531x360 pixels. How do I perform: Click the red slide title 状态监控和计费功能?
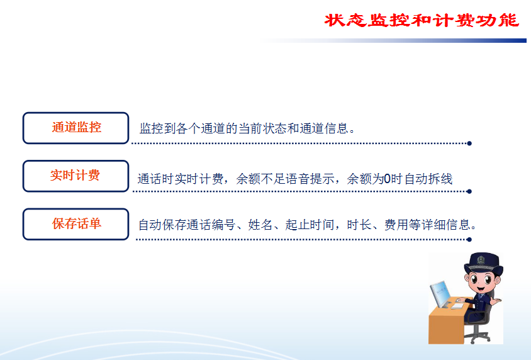(422, 20)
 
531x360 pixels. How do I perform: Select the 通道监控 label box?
(76, 128)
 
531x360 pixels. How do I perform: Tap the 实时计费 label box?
(76, 176)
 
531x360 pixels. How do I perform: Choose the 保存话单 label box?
(76, 224)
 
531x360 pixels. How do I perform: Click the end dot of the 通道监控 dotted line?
(469, 143)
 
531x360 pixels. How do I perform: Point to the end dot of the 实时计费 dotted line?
(469, 191)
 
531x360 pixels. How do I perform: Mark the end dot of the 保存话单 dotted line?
(469, 239)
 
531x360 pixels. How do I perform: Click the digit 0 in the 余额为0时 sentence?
(387, 179)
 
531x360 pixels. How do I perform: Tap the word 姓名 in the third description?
(260, 225)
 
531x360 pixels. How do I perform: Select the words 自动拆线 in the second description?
(428, 179)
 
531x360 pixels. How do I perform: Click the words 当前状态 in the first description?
(262, 128)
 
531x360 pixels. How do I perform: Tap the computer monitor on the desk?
(440, 294)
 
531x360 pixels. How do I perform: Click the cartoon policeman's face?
(481, 282)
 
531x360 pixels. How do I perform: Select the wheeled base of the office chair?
(477, 336)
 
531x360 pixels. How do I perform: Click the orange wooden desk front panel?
(445, 326)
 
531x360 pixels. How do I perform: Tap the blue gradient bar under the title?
(393, 41)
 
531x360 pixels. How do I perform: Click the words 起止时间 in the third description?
(310, 225)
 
